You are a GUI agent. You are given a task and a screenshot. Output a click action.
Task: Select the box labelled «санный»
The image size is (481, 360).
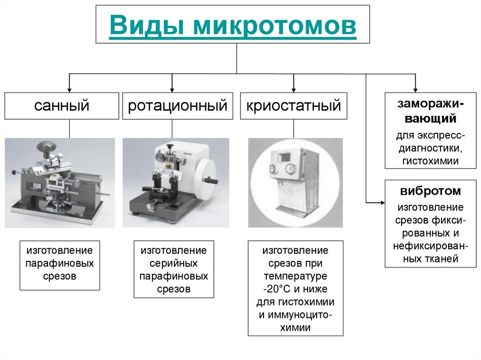coord(62,106)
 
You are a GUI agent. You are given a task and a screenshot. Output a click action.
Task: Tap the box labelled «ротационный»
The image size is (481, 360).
coord(178,106)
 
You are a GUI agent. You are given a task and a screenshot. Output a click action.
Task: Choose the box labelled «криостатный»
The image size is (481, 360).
coord(294,106)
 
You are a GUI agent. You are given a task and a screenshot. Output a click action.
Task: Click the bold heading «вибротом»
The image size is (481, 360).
coord(430,191)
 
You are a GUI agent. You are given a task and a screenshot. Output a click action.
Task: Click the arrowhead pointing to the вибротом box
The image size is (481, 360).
coord(381,202)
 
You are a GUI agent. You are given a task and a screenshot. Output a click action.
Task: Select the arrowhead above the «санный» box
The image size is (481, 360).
coord(70,89)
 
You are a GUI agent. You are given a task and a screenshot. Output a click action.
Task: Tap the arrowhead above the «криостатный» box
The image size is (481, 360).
coord(293,89)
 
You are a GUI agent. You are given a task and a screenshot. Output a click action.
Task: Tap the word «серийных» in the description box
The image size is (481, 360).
coord(174,263)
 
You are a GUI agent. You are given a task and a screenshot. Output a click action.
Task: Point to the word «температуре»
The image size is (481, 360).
coord(295,276)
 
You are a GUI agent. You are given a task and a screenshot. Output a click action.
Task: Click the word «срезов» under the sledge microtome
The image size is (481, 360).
coord(60,276)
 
